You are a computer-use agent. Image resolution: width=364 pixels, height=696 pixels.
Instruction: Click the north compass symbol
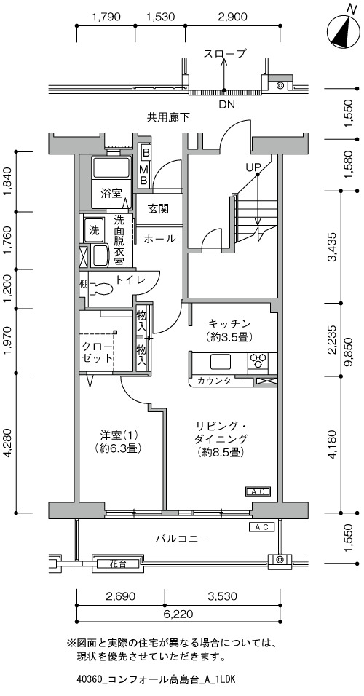344,33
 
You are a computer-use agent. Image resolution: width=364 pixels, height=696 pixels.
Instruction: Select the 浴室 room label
111,194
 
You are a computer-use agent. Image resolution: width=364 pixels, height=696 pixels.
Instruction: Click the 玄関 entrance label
159,208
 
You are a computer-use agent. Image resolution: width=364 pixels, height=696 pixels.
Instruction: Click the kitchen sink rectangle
221,361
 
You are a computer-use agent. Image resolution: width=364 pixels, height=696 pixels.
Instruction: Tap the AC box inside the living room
258,491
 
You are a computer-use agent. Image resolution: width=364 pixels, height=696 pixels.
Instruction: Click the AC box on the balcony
261,527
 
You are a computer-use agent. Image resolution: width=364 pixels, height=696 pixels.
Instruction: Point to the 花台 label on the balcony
118,564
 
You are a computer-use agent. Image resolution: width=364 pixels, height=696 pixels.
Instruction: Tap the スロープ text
225,54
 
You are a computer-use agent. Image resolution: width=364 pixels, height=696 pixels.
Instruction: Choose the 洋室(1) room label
119,434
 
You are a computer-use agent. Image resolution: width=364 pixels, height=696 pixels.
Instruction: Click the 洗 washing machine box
94,230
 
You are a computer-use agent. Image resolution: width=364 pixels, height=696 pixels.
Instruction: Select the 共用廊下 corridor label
169,117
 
